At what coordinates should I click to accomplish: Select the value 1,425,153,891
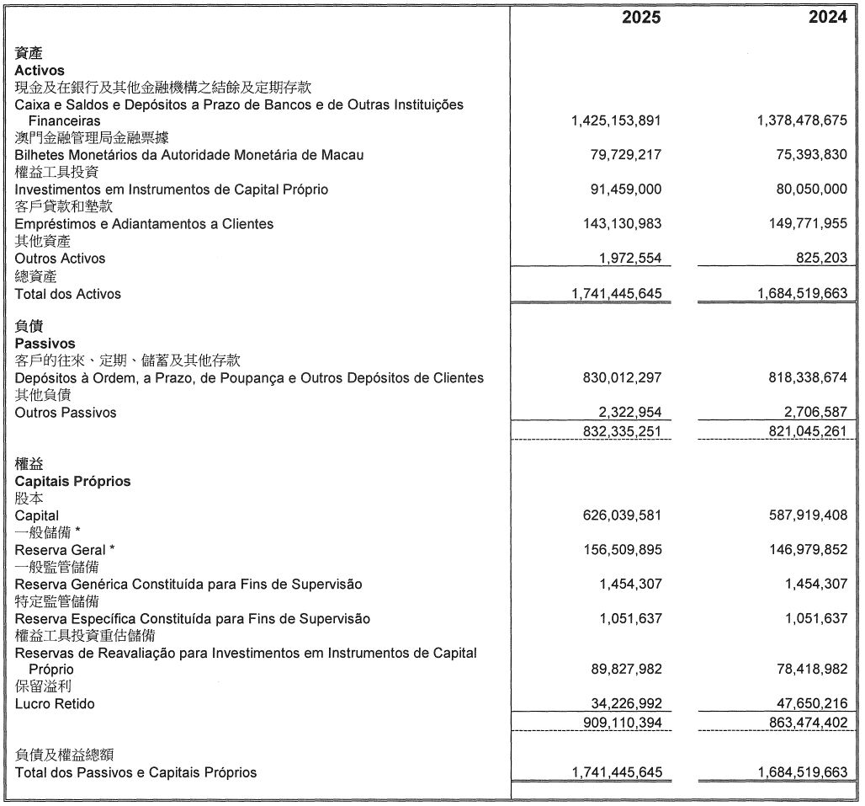[616, 121]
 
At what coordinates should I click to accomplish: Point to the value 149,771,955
[803, 224]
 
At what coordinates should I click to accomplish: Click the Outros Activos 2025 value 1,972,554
[629, 259]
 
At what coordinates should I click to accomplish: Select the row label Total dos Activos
[67, 294]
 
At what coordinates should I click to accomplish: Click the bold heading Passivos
[45, 344]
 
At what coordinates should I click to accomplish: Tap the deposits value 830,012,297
[622, 378]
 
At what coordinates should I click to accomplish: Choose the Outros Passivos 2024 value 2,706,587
[811, 413]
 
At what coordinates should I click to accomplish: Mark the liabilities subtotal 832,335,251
[622, 431]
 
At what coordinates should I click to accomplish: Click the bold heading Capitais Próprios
[72, 481]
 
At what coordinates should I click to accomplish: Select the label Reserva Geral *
[65, 550]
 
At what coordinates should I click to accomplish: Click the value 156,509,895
[622, 550]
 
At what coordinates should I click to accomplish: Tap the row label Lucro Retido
[55, 703]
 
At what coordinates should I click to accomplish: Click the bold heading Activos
[40, 71]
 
